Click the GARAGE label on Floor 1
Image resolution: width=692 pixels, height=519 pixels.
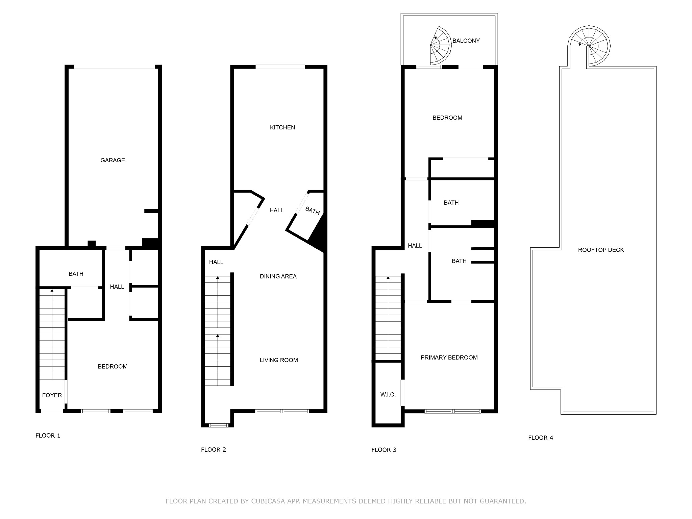point(113,160)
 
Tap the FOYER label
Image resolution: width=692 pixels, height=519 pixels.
point(52,395)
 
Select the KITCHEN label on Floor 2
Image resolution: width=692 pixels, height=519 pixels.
point(282,127)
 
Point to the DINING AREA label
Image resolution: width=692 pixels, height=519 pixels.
point(278,276)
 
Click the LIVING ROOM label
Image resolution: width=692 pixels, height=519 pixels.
point(279,360)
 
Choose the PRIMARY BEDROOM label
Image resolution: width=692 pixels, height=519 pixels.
point(449,357)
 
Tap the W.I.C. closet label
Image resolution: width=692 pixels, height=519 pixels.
point(388,395)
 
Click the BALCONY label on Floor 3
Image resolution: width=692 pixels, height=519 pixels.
point(466,41)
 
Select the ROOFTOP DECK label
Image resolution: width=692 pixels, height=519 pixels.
point(601,250)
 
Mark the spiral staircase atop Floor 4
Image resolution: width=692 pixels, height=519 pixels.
point(589,46)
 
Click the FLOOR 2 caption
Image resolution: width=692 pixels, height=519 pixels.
point(213,450)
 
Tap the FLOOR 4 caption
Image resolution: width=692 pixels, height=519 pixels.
point(540,438)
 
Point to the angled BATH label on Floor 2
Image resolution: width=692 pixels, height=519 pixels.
point(312,211)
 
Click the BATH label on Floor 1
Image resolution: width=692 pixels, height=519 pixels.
point(76,274)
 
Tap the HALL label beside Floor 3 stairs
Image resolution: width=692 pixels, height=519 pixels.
point(415,246)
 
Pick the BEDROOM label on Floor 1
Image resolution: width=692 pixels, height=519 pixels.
point(113,367)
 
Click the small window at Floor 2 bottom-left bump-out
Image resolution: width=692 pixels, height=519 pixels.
point(219,425)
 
